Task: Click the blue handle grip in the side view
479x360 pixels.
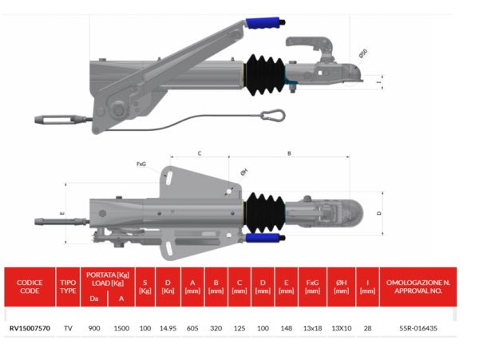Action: pyautogui.click(x=263, y=23)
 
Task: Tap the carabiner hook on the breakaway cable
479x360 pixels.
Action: pyautogui.click(x=273, y=116)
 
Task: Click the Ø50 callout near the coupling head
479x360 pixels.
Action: pyautogui.click(x=363, y=53)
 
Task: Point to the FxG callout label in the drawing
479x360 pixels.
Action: pyautogui.click(x=141, y=164)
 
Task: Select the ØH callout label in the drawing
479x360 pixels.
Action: pyautogui.click(x=243, y=172)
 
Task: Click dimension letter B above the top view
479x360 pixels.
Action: pyautogui.click(x=289, y=153)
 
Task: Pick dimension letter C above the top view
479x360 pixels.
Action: pyautogui.click(x=200, y=153)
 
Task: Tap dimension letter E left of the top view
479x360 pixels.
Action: pyautogui.click(x=62, y=213)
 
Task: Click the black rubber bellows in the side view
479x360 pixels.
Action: pyautogui.click(x=264, y=75)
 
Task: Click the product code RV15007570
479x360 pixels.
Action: pyautogui.click(x=30, y=328)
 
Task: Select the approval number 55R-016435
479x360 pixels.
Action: pyautogui.click(x=418, y=328)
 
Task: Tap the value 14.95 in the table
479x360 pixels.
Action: pyautogui.click(x=168, y=328)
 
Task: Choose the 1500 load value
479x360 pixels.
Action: pyautogui.click(x=121, y=328)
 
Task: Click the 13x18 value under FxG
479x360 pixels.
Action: pyautogui.click(x=312, y=328)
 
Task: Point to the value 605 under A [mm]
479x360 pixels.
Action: pyautogui.click(x=192, y=328)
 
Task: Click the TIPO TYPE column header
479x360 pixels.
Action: pyautogui.click(x=68, y=287)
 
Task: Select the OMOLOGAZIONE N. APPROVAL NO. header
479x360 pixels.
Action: pyautogui.click(x=418, y=287)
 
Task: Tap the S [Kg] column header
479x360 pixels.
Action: pyautogui.click(x=145, y=287)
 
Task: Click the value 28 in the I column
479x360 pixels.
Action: pyautogui.click(x=367, y=328)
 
